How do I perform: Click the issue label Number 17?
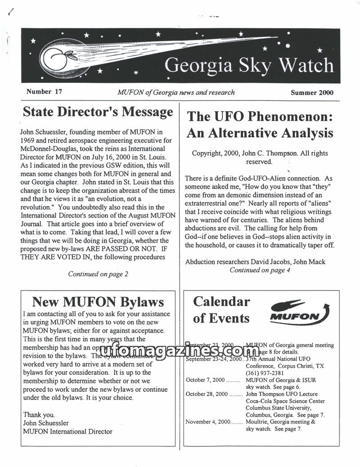(44, 91)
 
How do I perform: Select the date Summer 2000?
(312, 93)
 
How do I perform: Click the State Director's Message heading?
(98, 112)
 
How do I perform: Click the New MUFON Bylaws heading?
(98, 301)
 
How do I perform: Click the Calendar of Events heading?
(221, 309)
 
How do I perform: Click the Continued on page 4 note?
(260, 270)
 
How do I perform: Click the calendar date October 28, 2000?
(208, 394)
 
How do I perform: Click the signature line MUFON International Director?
(67, 431)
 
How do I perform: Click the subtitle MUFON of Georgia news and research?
(175, 92)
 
